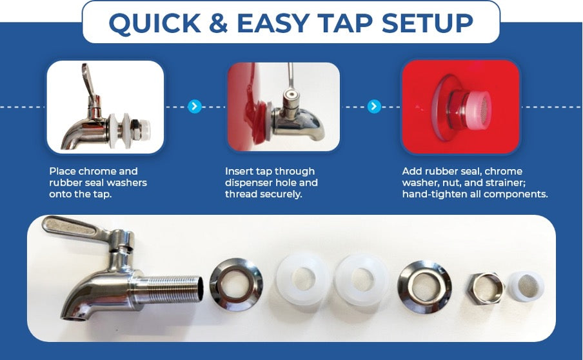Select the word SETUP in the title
coord(427,23)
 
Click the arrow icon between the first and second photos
coord(195,106)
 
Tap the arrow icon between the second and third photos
coord(374,106)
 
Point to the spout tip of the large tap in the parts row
coord(74,317)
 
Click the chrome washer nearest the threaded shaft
coord(236,283)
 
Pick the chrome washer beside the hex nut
coord(424,286)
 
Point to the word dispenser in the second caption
coord(252,183)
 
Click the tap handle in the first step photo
coord(89,82)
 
